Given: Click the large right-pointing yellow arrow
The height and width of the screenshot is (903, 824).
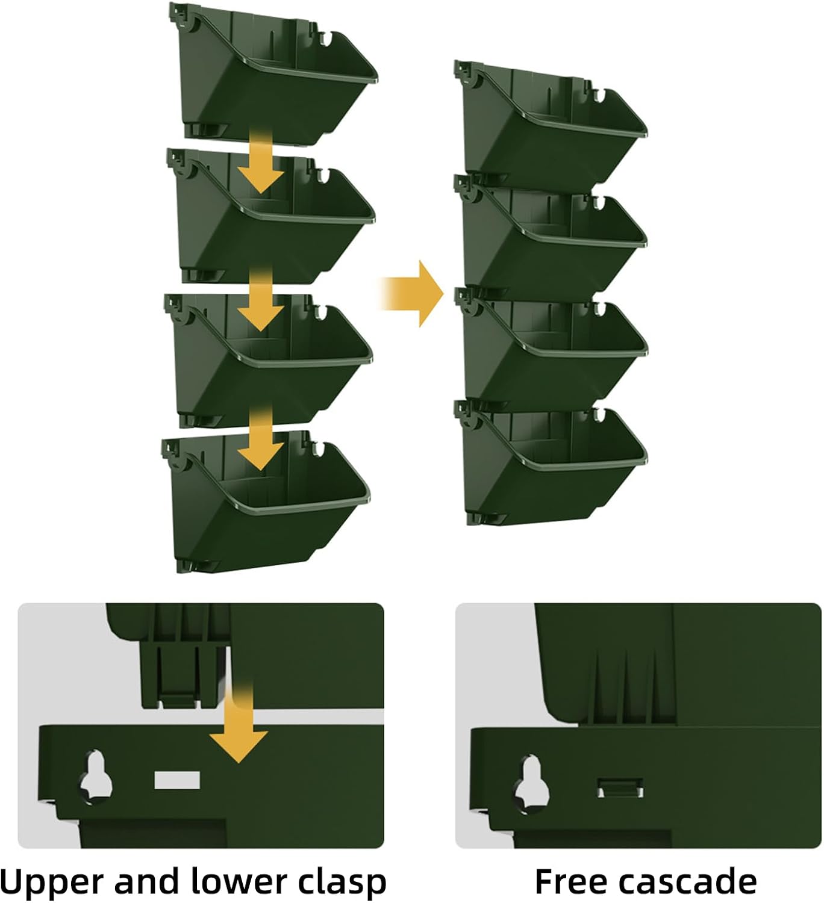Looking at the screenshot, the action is [x=412, y=294].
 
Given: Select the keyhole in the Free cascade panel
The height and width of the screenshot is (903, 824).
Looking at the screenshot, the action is [x=532, y=783].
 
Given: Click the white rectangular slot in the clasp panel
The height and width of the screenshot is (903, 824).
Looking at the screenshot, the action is [x=177, y=780].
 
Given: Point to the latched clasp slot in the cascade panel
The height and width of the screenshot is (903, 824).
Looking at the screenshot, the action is [x=620, y=788].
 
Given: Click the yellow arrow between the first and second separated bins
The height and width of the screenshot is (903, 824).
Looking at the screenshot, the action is [x=261, y=161].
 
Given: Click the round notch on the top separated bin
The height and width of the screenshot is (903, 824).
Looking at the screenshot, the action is [x=328, y=38].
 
